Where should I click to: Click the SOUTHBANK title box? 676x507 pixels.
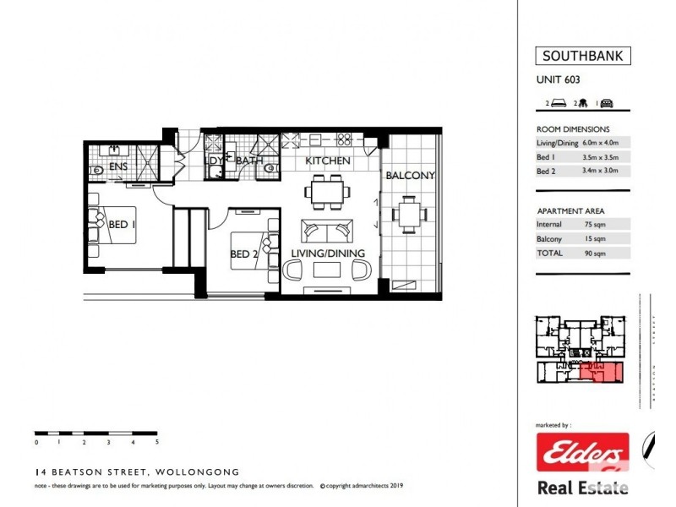(583, 57)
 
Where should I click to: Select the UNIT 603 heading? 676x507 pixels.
(558, 81)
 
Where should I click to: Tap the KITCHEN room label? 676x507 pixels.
(328, 161)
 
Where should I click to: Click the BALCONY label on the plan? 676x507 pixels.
(410, 176)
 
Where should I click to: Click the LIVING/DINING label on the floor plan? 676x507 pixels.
(328, 253)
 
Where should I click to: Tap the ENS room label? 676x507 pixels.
(118, 167)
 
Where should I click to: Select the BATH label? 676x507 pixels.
(250, 161)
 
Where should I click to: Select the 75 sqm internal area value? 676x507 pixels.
(595, 225)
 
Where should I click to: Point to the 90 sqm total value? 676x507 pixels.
(595, 253)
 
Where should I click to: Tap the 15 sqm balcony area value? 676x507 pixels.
(595, 239)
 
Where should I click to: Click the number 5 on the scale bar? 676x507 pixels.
(157, 442)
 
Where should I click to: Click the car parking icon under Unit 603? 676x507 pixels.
(607, 103)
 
